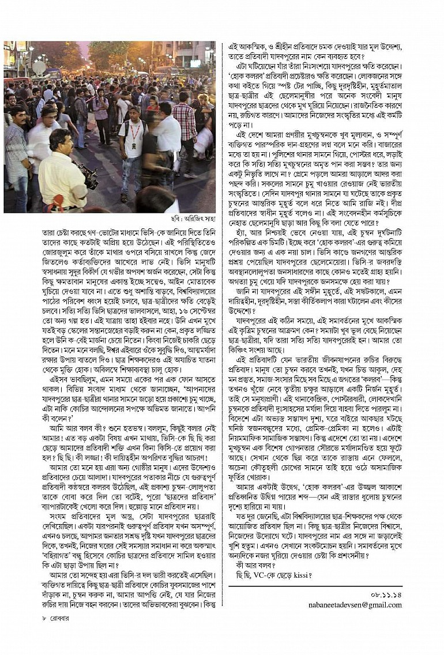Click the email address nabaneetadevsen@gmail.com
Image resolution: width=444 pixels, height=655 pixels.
click(x=353, y=604)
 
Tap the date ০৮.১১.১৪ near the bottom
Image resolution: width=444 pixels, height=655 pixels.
click(x=385, y=593)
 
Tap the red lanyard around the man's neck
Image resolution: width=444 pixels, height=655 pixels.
click(x=134, y=129)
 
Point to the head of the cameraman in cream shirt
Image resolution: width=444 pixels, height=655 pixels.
click(x=60, y=141)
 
